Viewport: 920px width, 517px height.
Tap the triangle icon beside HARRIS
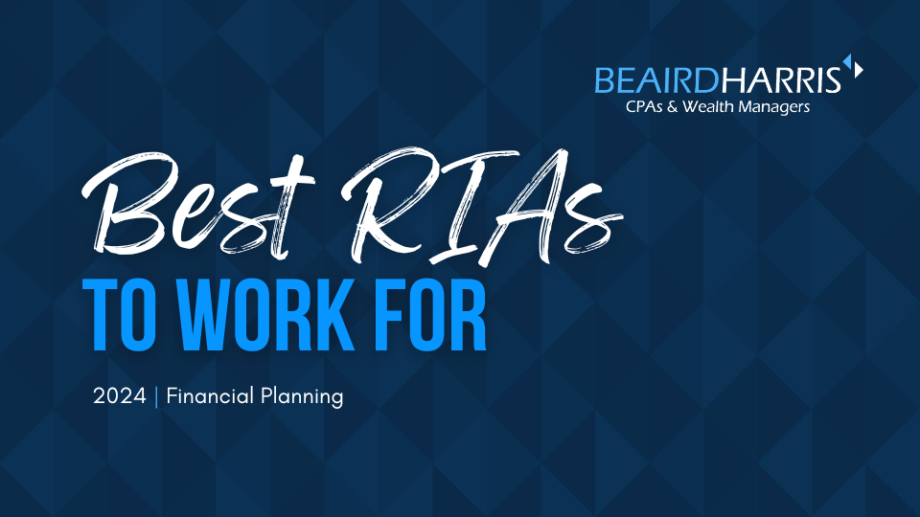(854, 66)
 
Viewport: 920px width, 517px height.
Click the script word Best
(198, 204)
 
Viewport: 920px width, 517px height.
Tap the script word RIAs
(481, 205)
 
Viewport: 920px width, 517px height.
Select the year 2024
(120, 396)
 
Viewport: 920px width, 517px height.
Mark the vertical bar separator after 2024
(156, 396)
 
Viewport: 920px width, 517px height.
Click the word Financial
(210, 395)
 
